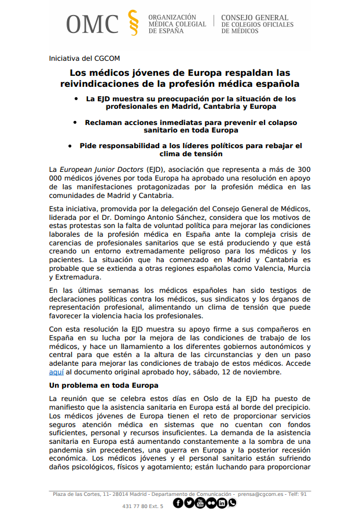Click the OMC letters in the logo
click(x=92, y=24)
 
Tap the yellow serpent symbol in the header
click(x=133, y=23)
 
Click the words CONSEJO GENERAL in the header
click(x=255, y=18)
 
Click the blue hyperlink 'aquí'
click(x=56, y=372)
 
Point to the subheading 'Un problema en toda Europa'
click(x=104, y=385)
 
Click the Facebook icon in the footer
click(x=178, y=503)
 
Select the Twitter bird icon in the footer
click(x=189, y=503)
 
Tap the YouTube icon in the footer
click(x=200, y=503)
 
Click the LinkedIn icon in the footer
click(x=222, y=503)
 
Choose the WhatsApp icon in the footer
click(x=232, y=503)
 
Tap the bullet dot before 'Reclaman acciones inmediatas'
click(x=76, y=122)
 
